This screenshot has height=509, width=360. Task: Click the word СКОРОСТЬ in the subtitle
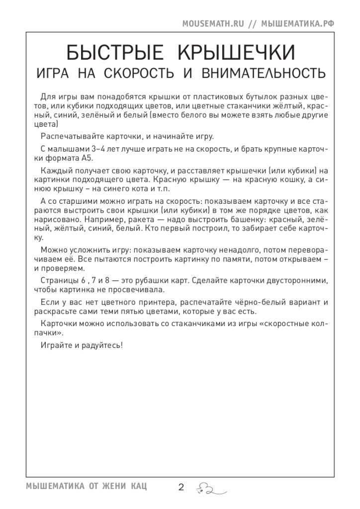point(139,74)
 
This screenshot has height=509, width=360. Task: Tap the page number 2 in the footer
point(180,487)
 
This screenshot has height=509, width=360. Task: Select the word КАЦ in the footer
point(138,487)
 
